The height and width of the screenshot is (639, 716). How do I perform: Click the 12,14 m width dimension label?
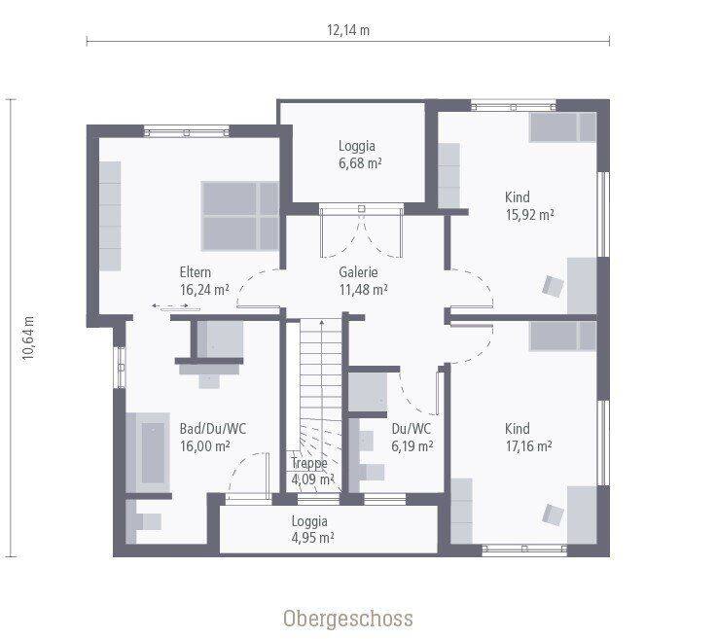tap(348, 30)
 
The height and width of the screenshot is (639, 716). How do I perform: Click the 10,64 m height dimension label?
tap(29, 337)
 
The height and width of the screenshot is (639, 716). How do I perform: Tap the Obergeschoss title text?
tap(348, 619)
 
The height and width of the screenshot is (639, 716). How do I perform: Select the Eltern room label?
tap(196, 272)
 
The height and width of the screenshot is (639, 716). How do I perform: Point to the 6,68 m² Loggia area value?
tap(360, 163)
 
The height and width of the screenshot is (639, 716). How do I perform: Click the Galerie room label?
tap(358, 272)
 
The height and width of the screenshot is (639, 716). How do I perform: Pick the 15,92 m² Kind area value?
tap(529, 215)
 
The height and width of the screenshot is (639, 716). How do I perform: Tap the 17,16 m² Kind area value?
tap(529, 445)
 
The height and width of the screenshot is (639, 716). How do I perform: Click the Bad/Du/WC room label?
tap(213, 429)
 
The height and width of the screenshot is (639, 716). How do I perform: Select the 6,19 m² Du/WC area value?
tap(412, 445)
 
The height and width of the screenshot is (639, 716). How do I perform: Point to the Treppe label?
tap(309, 463)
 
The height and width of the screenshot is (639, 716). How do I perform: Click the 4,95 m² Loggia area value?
tap(313, 538)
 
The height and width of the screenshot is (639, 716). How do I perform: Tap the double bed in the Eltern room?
tap(240, 216)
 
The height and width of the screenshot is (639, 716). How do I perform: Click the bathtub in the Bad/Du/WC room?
tap(148, 452)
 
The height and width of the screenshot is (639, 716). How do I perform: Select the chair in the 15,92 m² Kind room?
tap(553, 287)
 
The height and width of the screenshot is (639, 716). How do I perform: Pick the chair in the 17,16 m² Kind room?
tap(553, 515)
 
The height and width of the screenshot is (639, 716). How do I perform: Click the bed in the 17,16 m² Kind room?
tap(563, 337)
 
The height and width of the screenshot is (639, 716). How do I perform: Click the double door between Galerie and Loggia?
tap(361, 231)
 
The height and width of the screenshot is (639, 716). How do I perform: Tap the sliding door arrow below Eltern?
tap(170, 305)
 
